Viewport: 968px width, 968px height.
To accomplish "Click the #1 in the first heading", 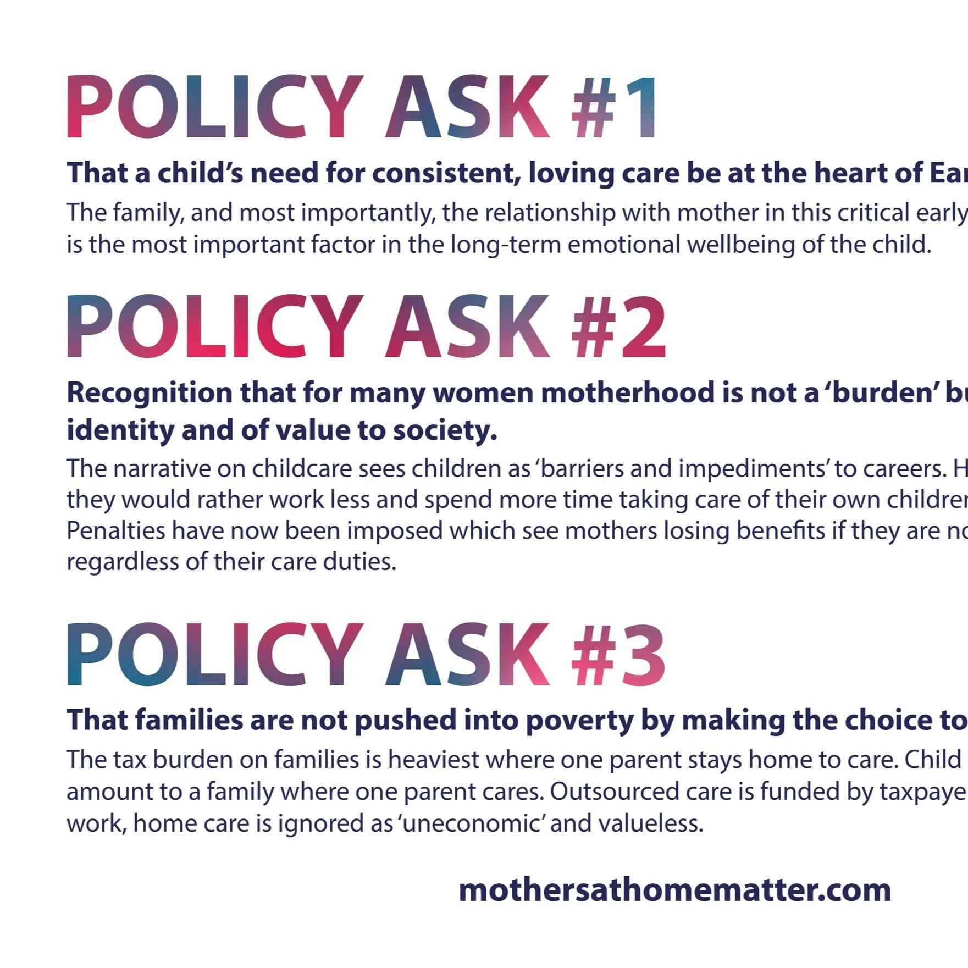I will pyautogui.click(x=613, y=107).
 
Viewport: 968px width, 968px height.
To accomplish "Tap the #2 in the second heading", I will pyautogui.click(x=618, y=327).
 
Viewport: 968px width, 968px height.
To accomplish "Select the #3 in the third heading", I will pyautogui.click(x=618, y=655).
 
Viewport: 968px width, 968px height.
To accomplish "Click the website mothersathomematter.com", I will pyautogui.click(x=674, y=890).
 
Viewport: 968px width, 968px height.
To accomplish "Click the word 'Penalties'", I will pyautogui.click(x=116, y=531).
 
